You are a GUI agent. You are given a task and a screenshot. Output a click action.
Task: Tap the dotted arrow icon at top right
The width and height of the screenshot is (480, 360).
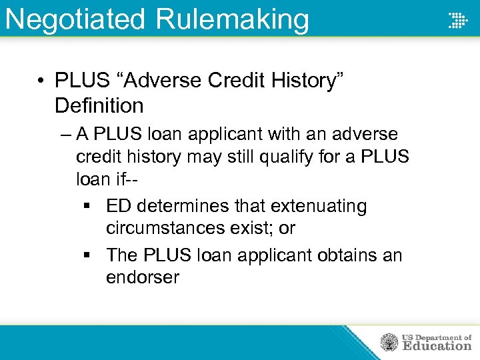[457, 20]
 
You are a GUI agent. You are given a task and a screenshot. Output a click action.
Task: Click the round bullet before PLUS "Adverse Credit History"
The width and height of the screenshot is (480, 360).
[41, 81]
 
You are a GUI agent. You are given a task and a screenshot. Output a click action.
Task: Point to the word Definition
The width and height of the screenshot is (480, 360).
[99, 105]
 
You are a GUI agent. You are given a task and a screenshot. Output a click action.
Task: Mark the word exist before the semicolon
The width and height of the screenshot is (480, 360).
[255, 228]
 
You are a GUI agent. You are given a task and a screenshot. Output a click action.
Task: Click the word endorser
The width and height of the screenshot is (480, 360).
[142, 277]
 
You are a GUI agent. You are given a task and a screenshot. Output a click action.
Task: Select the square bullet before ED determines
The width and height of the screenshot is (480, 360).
[91, 207]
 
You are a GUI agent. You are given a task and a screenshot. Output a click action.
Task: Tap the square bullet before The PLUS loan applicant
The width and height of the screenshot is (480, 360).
[91, 256]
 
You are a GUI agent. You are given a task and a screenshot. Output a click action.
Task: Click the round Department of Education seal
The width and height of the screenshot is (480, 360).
[389, 342]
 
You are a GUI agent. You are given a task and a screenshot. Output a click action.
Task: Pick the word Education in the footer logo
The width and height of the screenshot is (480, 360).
[436, 346]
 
